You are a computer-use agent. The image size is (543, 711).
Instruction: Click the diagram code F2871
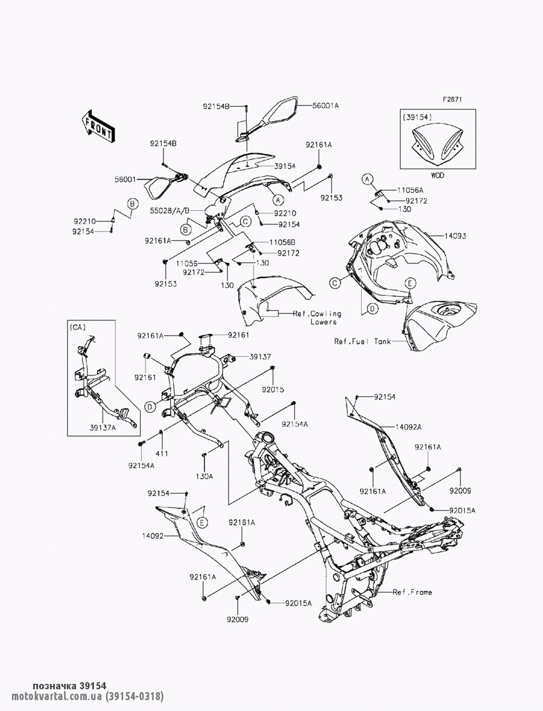452,99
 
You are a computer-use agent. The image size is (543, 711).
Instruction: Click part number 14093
455,236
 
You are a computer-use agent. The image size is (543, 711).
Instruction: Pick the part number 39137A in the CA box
103,427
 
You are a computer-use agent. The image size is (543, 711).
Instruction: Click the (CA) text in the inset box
77,327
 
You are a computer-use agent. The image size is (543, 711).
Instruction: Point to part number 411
162,454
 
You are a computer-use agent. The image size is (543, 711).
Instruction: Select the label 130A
204,476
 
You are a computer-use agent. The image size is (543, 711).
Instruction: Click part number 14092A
409,427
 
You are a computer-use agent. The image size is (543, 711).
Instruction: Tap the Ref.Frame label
413,592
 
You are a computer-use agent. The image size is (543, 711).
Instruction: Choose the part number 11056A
410,190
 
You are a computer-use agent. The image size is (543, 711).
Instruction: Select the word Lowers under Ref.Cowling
324,322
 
